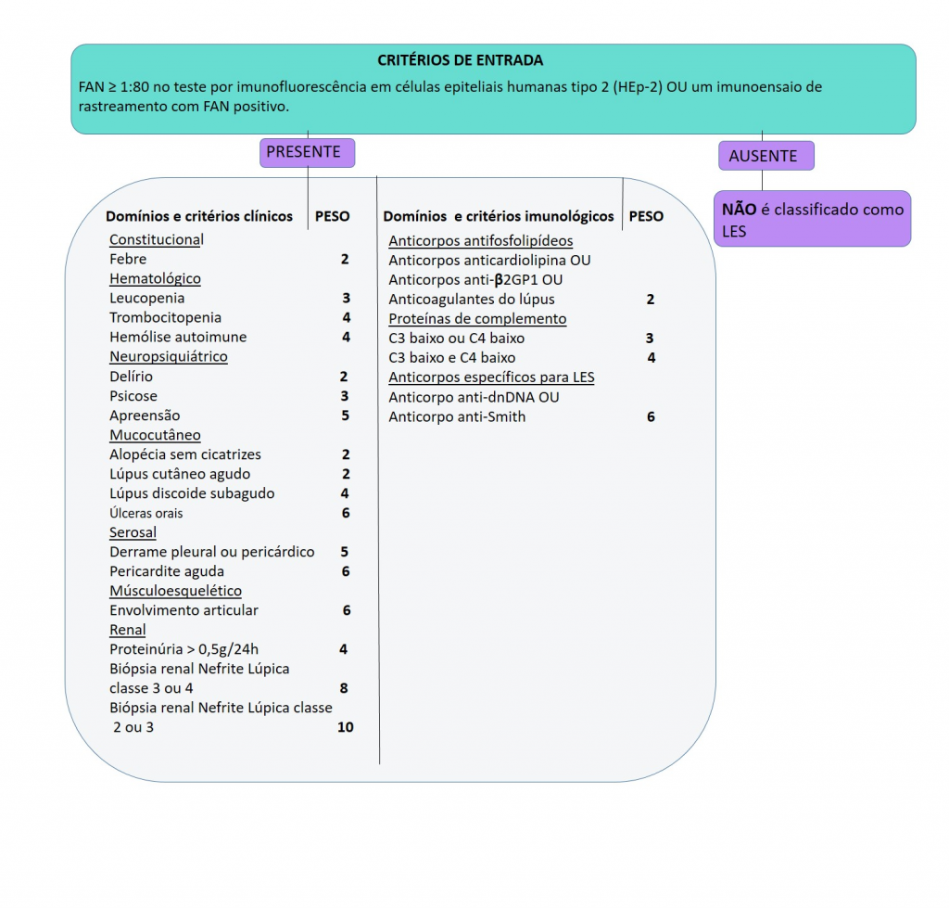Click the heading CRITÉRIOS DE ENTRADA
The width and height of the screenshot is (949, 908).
click(461, 60)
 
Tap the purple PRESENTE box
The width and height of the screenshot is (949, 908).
click(304, 152)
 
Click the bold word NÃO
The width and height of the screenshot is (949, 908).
click(739, 210)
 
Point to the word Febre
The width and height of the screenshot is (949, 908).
click(128, 259)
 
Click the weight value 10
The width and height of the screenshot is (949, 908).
click(346, 727)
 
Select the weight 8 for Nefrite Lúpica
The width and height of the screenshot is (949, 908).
click(344, 688)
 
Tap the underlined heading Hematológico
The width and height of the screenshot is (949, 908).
click(155, 278)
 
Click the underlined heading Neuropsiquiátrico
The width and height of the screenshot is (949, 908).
click(169, 356)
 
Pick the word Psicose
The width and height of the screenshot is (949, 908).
click(133, 396)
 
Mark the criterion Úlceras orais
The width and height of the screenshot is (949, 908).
click(146, 513)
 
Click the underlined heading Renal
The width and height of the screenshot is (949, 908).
click(128, 630)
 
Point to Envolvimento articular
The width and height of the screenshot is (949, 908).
click(183, 610)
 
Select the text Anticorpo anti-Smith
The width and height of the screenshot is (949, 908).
click(457, 416)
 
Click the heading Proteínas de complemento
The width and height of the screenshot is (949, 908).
click(477, 318)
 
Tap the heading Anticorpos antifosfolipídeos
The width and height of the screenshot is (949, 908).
click(481, 240)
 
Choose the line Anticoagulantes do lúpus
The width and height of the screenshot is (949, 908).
click(472, 299)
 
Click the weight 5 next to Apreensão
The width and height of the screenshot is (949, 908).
click(345, 415)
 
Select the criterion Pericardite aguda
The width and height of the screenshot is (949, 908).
click(167, 571)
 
